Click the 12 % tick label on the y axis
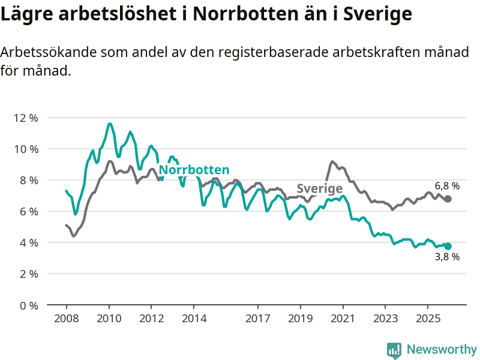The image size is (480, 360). pyautogui.click(x=26, y=118)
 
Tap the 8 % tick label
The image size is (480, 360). pyautogui.click(x=28, y=180)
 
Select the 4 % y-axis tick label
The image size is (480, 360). pyautogui.click(x=28, y=242)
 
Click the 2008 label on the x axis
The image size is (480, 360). pyautogui.click(x=66, y=317)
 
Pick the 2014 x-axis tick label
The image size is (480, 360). pyautogui.click(x=194, y=317)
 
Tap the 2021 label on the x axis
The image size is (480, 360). pyautogui.click(x=343, y=317)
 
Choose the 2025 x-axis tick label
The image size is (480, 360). pyautogui.click(x=427, y=317)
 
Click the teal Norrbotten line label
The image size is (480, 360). pyautogui.click(x=194, y=170)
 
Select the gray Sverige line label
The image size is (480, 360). pyautogui.click(x=320, y=188)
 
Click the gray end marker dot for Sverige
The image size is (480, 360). pyautogui.click(x=448, y=199)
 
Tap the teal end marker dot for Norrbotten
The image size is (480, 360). pyautogui.click(x=448, y=246)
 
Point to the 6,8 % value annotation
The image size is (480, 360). pyautogui.click(x=447, y=186)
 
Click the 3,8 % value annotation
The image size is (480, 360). pyautogui.click(x=447, y=257)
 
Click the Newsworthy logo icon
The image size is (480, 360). pyautogui.click(x=394, y=350)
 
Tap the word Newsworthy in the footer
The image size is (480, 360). pyautogui.click(x=442, y=349)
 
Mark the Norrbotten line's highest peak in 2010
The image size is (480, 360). pyautogui.click(x=109, y=124)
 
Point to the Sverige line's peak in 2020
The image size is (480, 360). pyautogui.click(x=332, y=161)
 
